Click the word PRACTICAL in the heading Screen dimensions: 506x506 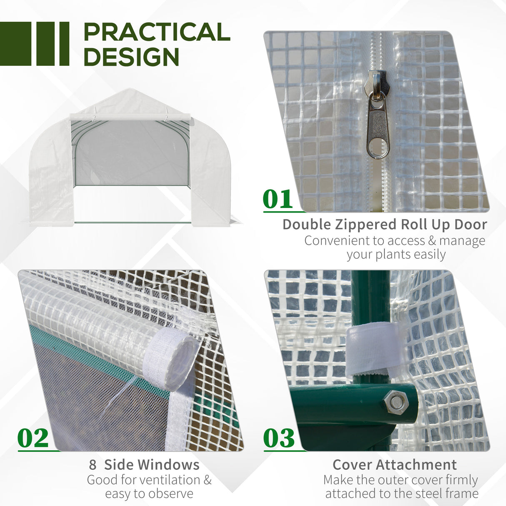point(157,33)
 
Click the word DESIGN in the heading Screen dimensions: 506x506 point(131,57)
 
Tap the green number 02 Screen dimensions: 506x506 point(33,438)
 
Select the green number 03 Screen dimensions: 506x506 point(279,438)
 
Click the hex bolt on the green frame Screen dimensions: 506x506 point(394,403)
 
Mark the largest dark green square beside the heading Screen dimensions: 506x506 point(15,44)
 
